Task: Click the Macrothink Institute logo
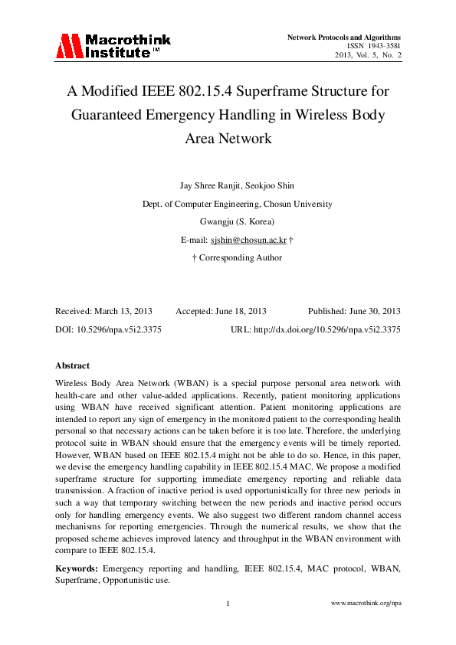click(112, 45)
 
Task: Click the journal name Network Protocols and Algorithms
click(343, 37)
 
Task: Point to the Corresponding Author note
click(240, 258)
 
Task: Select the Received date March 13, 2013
click(123, 312)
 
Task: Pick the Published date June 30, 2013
click(375, 312)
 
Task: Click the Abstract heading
click(72, 365)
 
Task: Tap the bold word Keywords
click(76, 569)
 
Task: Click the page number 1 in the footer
click(228, 604)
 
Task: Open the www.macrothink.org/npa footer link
click(366, 604)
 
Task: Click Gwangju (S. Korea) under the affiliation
click(228, 222)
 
